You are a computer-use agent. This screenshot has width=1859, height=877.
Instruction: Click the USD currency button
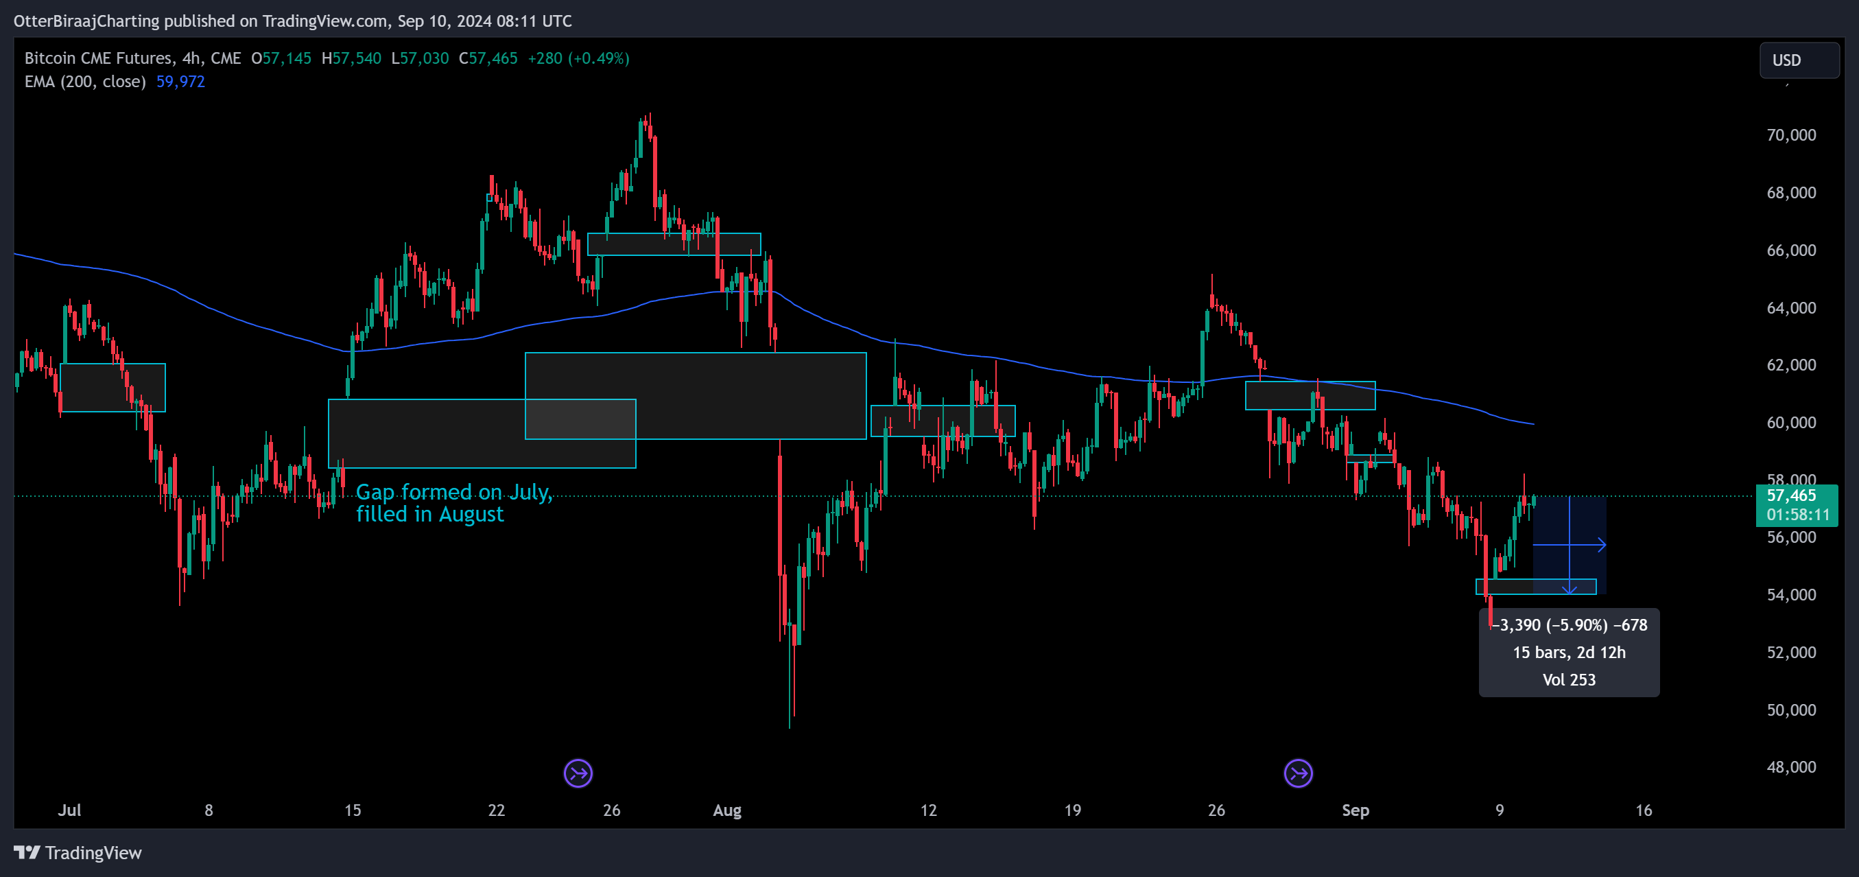click(1799, 60)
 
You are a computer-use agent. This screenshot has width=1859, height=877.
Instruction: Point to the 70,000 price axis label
click(1790, 135)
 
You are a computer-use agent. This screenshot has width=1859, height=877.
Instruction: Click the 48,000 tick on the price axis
click(1790, 767)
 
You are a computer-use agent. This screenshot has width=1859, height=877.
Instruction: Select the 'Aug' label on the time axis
click(726, 810)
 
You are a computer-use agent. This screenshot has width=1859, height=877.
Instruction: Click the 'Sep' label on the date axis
click(1355, 810)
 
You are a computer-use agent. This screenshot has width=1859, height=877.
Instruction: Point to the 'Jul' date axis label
click(69, 810)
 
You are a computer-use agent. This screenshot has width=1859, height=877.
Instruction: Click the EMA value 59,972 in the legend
click(180, 82)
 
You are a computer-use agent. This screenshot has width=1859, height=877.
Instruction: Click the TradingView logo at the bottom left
click(78, 852)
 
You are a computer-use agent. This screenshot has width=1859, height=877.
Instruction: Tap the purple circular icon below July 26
click(578, 774)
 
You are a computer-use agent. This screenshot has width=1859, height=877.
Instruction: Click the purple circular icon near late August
click(1298, 774)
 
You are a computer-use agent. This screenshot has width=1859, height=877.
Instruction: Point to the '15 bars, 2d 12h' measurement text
click(1569, 653)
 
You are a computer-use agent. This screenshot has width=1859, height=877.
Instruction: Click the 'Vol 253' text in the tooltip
click(1569, 680)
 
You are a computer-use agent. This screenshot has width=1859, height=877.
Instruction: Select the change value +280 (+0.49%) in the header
click(578, 58)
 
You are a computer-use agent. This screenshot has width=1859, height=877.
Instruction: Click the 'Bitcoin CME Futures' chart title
click(98, 58)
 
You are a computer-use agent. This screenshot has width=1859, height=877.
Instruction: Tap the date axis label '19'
click(1072, 810)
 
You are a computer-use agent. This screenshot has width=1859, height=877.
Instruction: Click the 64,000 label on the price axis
click(1790, 307)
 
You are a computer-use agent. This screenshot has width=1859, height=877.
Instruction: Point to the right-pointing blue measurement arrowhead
click(1600, 545)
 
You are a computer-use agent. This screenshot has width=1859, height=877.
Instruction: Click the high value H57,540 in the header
click(351, 58)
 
